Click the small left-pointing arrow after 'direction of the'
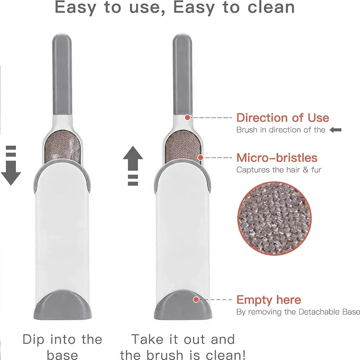pos(335,130)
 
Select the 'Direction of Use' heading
pos(283,118)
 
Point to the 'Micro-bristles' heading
pos(277,158)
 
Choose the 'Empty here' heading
pos(269,300)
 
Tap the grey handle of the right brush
pos(182,72)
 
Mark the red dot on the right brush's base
pos(196,300)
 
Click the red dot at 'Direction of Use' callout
pos(187,117)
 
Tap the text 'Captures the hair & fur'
pos(279,170)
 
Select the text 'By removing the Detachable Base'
pos(298,312)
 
